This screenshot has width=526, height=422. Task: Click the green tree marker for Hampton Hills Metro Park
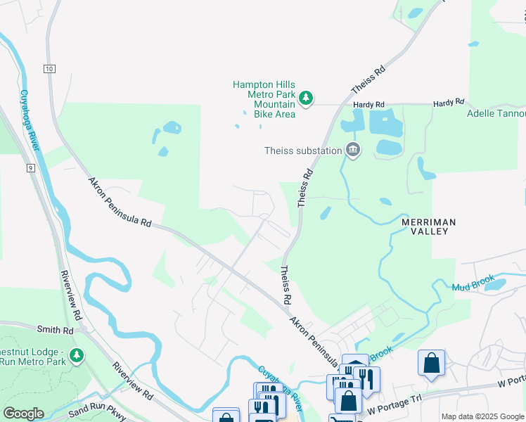click(x=305, y=99)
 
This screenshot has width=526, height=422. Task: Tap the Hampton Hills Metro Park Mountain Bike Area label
click(x=264, y=99)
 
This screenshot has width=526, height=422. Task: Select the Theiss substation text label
click(x=302, y=150)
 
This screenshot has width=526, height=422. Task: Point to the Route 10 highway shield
click(x=49, y=68)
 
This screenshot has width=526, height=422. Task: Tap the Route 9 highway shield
click(x=32, y=167)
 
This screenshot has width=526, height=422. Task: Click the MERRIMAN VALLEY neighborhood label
click(x=429, y=226)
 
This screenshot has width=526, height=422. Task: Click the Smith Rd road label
click(x=57, y=330)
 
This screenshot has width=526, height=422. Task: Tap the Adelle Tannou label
click(x=496, y=113)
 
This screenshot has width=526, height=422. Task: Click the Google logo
click(x=23, y=413)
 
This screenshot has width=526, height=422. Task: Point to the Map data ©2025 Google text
click(x=482, y=416)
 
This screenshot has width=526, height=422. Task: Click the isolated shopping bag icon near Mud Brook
click(x=431, y=364)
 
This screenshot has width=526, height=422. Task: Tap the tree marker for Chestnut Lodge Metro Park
click(x=77, y=356)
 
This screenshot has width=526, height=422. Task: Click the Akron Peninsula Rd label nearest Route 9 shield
click(x=120, y=202)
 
